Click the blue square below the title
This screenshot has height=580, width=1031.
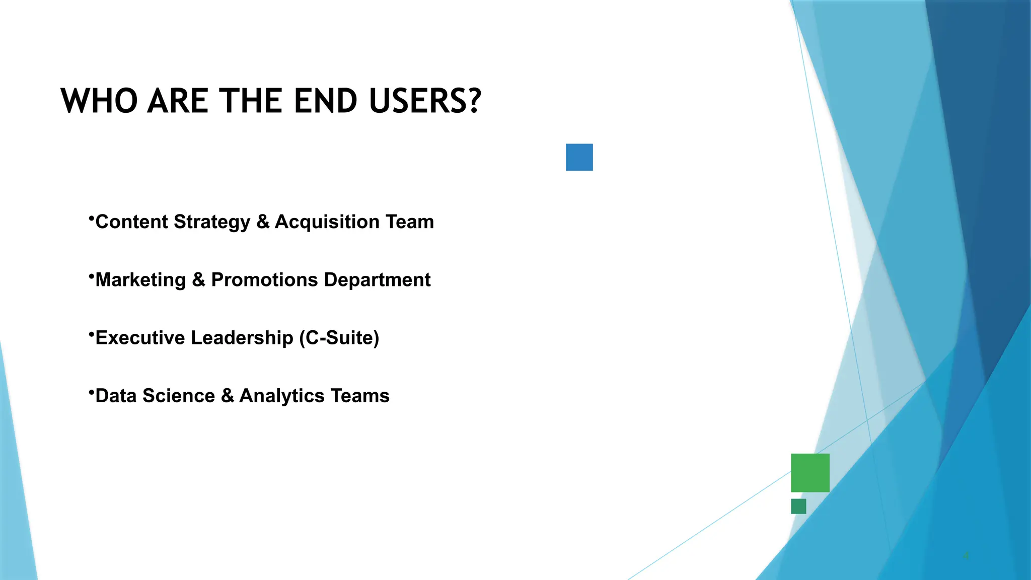[x=579, y=157]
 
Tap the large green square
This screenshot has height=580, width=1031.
[x=809, y=472]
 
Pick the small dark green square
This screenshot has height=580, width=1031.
[x=798, y=506]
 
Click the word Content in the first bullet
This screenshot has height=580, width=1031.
[x=131, y=222]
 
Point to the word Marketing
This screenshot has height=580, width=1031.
[x=140, y=279]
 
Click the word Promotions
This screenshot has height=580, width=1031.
[x=264, y=279]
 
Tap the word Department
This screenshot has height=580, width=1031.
[x=377, y=279]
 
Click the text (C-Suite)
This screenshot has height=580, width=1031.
[x=339, y=337]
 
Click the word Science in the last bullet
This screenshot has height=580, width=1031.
[x=179, y=396]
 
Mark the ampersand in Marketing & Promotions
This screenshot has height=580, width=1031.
[x=198, y=279]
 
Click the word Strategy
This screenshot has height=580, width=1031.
[x=211, y=222]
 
